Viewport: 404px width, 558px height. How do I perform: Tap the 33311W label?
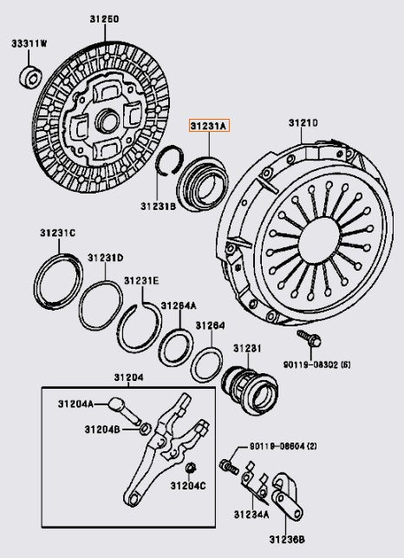(30, 43)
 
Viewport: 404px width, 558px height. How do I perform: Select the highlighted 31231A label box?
(208, 126)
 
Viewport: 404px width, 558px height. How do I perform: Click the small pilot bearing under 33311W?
(28, 75)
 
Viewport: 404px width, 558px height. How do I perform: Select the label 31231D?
(105, 258)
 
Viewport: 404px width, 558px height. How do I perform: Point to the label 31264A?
(177, 305)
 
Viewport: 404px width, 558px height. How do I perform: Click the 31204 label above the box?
(128, 377)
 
